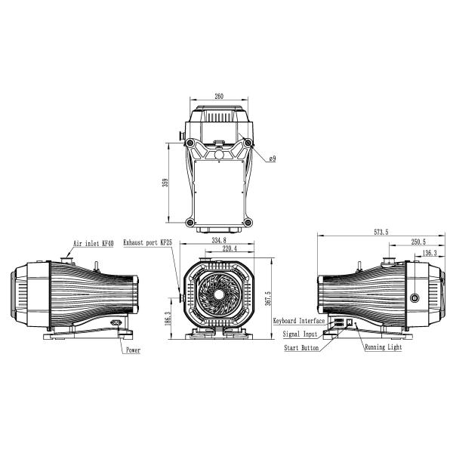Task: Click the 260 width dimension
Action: coord(219,97)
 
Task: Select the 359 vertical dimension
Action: coord(165,183)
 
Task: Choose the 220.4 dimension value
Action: coord(224,248)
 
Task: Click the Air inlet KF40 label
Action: coord(93,244)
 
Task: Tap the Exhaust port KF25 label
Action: coord(148,244)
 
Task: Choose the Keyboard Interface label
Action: coord(299,321)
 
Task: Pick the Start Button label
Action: coord(302,348)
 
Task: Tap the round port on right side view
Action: coord(414,297)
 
